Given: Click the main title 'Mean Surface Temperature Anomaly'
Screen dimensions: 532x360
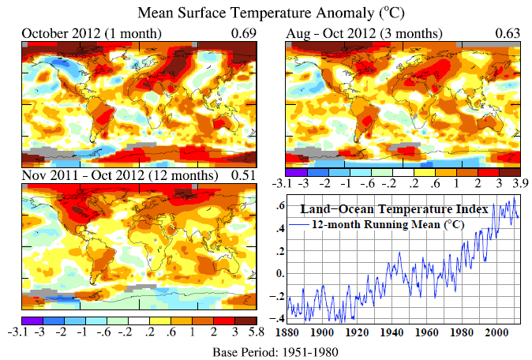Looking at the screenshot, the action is click(x=257, y=13).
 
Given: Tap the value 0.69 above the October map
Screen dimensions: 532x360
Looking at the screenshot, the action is click(x=244, y=33).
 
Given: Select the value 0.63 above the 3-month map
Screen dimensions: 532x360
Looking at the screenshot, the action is click(x=508, y=33).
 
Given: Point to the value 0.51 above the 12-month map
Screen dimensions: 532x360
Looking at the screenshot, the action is click(x=243, y=175).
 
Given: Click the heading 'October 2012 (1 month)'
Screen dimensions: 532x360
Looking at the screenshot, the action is click(x=92, y=34).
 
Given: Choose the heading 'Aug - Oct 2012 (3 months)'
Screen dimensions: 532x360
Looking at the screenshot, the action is click(x=364, y=34).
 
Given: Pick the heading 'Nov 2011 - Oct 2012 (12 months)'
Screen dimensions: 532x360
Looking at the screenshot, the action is click(x=120, y=175).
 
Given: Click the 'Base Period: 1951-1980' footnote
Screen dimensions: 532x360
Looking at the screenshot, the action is click(x=275, y=352).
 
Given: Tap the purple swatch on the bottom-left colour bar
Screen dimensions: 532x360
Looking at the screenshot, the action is click(x=32, y=321).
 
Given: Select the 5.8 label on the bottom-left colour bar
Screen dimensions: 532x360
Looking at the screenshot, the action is click(x=256, y=332).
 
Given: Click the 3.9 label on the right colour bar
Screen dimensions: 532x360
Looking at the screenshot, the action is click(x=520, y=183).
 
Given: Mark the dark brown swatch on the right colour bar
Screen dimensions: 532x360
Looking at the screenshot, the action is click(x=510, y=172).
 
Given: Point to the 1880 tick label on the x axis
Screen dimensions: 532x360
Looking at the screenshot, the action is click(x=287, y=332).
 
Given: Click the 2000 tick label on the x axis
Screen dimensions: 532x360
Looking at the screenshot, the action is click(x=496, y=332).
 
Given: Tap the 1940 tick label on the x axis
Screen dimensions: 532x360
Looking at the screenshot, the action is click(x=392, y=332).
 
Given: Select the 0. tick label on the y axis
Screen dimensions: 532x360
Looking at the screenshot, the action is click(x=280, y=273).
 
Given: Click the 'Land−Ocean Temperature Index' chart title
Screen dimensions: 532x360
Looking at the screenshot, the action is click(x=394, y=209).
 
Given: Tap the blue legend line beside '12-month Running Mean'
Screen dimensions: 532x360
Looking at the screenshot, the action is click(x=298, y=225).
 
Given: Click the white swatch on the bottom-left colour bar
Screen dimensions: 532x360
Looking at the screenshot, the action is click(x=139, y=321).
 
